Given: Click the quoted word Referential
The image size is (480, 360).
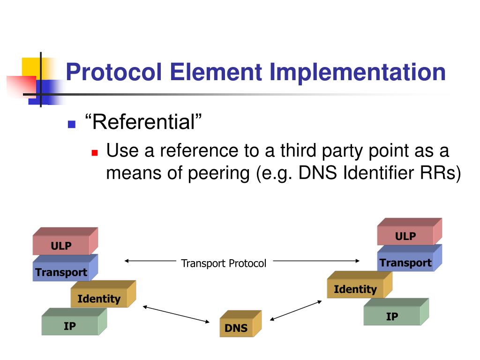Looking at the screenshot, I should coord(143,123).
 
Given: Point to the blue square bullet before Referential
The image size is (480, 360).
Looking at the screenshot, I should coord(72,125).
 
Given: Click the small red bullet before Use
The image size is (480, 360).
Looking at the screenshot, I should coord(95,153).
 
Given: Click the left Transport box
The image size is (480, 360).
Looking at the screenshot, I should coord(61,272).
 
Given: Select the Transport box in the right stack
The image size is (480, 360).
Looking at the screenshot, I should coord(405,262).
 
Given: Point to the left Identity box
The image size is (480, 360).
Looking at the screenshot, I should coord(99,299).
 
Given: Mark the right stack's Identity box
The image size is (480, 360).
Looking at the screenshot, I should coord(355,289).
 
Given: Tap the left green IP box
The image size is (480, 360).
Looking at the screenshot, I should coord(70,326).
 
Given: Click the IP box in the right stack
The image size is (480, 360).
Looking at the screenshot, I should coord(392,316).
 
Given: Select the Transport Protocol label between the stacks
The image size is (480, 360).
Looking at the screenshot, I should coord(224,263).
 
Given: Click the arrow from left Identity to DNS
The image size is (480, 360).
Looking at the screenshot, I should coord(176,314).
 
